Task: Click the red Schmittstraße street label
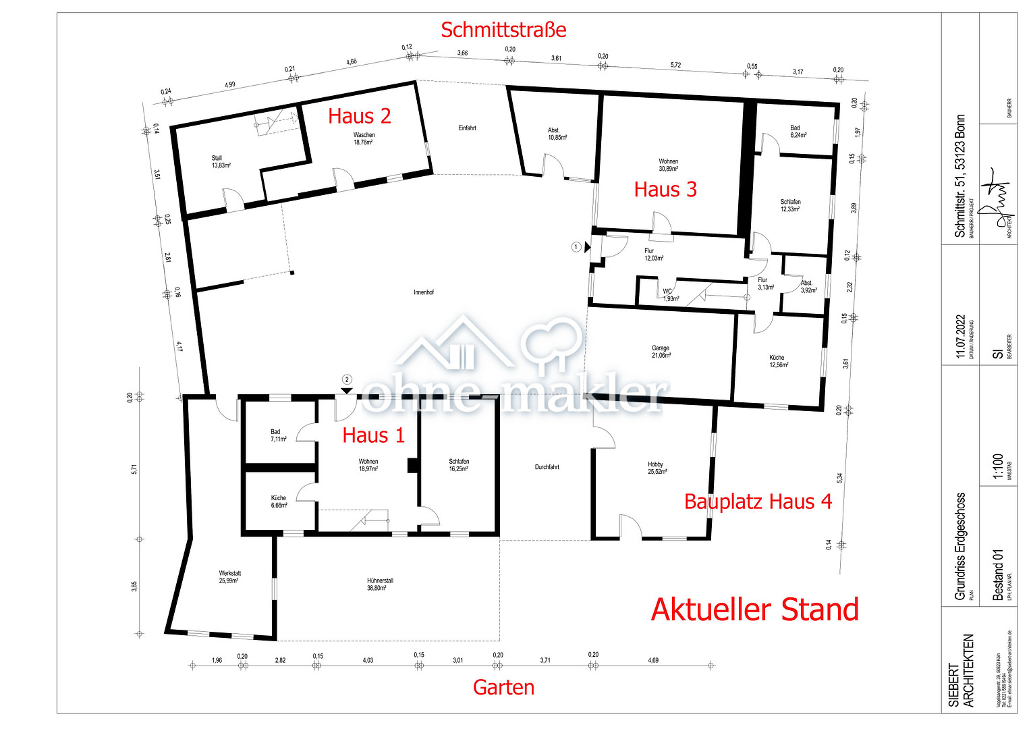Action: (x=503, y=30)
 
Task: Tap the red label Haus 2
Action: (x=359, y=116)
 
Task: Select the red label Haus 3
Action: (x=665, y=190)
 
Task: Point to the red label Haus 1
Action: (x=373, y=435)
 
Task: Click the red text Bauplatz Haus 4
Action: (x=757, y=502)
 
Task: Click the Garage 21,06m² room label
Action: (x=661, y=352)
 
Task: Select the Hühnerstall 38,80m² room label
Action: (x=380, y=585)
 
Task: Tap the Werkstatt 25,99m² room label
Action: (x=229, y=576)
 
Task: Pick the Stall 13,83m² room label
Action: (x=220, y=161)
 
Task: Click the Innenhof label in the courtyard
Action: (x=424, y=292)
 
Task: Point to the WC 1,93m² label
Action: (x=669, y=295)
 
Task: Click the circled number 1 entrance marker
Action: (x=576, y=247)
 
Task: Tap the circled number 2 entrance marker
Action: (x=347, y=380)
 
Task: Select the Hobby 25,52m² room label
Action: (x=657, y=468)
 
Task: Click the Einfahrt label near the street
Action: (x=467, y=128)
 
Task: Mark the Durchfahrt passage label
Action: (x=547, y=467)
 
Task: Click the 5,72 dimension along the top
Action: (x=675, y=65)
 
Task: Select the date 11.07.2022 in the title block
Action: (x=961, y=336)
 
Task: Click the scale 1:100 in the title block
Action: (x=998, y=466)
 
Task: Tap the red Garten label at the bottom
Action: (x=503, y=687)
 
